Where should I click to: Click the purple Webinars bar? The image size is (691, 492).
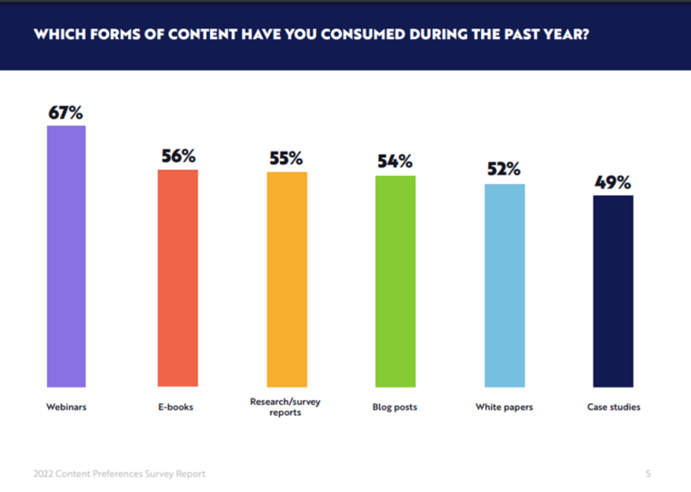(x=66, y=256)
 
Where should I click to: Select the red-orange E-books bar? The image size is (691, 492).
(x=177, y=279)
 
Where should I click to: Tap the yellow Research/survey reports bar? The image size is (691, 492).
(x=286, y=280)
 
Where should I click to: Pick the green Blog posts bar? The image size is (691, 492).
(x=396, y=281)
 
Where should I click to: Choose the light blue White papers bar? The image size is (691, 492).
(x=504, y=286)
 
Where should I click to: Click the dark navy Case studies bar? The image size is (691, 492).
(x=613, y=291)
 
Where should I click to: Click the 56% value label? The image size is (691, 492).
(x=178, y=156)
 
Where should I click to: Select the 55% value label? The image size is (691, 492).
(x=286, y=158)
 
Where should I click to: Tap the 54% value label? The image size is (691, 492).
(x=396, y=162)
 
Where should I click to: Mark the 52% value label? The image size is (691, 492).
(x=504, y=170)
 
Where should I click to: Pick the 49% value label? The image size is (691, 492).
(x=613, y=182)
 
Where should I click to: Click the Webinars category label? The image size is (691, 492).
(x=66, y=408)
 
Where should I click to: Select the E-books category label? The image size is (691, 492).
(x=177, y=408)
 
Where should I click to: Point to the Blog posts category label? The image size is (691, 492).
(x=396, y=408)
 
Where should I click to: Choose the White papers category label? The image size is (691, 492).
(x=504, y=408)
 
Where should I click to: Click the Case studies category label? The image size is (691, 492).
(x=613, y=408)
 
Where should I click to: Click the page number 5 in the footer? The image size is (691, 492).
(x=648, y=474)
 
